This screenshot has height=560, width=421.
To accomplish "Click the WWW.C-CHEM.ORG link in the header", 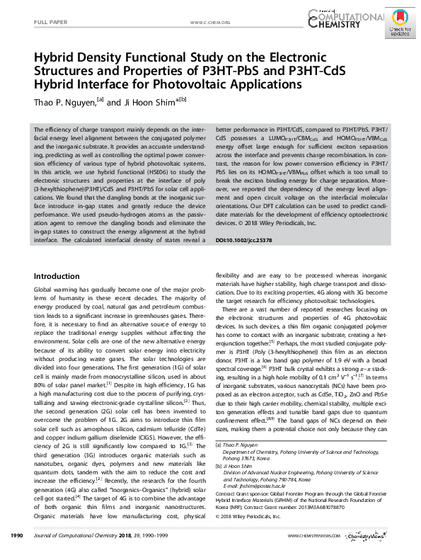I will [211, 23].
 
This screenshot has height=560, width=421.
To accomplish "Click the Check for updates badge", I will [399, 26].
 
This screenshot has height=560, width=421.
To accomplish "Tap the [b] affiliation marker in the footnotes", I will [219, 467].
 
